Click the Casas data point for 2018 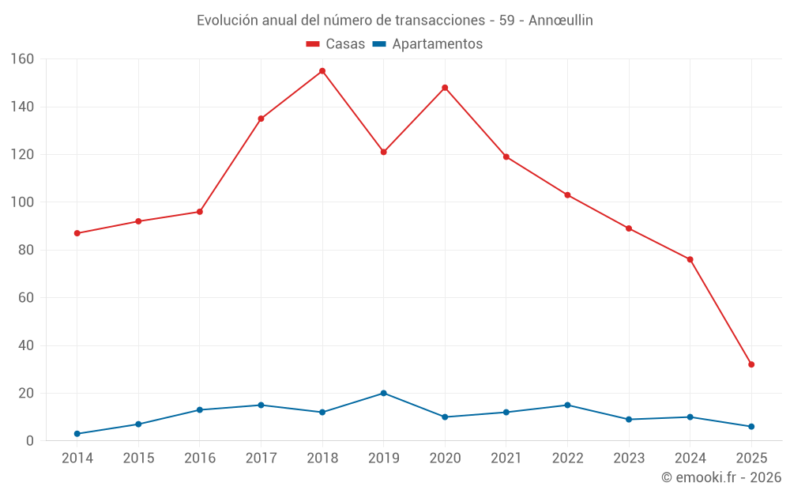[322, 71]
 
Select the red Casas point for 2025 [751, 364]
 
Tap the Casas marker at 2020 [445, 88]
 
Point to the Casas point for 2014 [77, 233]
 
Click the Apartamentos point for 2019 [383, 393]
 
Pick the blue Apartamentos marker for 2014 [77, 434]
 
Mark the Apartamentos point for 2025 [751, 427]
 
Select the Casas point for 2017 [261, 119]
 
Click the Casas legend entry [336, 44]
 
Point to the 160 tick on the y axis [22, 59]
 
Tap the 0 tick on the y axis [29, 441]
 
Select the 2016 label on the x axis [200, 458]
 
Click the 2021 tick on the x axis [506, 458]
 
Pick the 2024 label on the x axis [690, 458]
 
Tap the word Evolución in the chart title [228, 21]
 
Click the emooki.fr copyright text [721, 477]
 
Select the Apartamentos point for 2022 [567, 405]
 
